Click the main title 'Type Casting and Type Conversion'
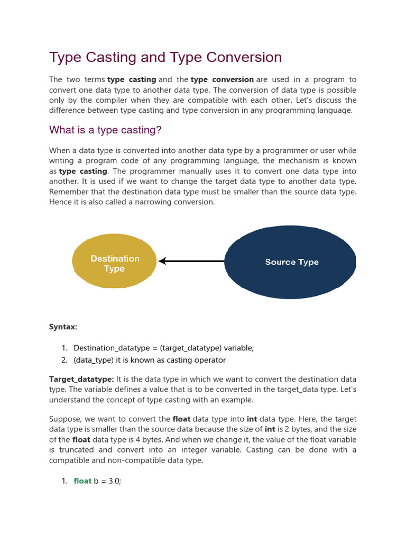tap(165, 57)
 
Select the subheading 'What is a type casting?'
tap(105, 130)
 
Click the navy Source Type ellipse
tap(290, 262)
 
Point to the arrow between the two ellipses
tap(191, 261)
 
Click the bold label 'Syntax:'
tap(63, 327)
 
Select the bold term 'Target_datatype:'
tap(81, 380)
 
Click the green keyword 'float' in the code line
tap(82, 481)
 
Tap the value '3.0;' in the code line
tap(115, 481)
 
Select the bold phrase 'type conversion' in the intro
tap(222, 79)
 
